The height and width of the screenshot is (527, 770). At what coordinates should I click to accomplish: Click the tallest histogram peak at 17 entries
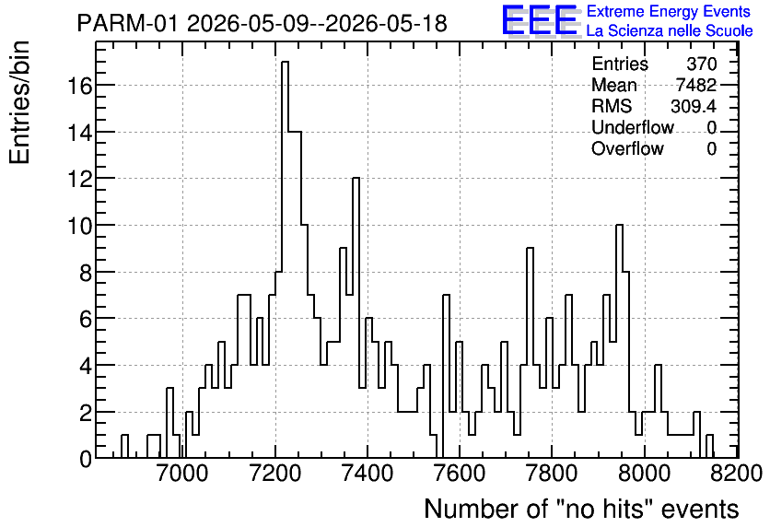(285, 62)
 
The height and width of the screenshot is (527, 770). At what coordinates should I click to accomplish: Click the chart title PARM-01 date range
(262, 23)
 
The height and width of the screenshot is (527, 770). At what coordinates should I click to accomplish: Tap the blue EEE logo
(540, 21)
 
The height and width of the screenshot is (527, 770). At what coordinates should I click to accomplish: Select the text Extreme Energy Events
(669, 11)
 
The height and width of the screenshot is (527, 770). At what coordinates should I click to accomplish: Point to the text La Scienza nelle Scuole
(670, 30)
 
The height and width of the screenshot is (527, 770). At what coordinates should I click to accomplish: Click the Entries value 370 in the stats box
(702, 64)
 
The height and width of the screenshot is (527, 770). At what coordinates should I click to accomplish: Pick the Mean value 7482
(696, 85)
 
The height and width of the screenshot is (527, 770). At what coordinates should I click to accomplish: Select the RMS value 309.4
(694, 106)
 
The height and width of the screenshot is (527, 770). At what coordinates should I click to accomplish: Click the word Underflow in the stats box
(633, 127)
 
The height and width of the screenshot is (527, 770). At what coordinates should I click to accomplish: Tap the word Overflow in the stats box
(627, 148)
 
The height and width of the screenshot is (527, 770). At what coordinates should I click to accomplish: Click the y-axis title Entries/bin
(19, 102)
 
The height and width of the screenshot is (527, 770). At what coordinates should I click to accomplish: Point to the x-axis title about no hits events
(581, 509)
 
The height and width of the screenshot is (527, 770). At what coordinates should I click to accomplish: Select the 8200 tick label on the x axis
(739, 474)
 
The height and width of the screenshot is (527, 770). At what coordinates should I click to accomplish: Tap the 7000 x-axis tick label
(182, 474)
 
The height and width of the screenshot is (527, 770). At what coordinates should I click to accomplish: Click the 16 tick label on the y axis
(79, 86)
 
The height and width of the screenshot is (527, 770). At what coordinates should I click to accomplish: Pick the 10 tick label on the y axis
(79, 226)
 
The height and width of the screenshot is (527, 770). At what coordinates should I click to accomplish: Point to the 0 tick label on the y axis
(86, 459)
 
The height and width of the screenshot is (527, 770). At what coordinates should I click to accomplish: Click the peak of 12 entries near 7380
(356, 178)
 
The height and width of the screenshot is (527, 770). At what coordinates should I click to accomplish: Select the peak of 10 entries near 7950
(619, 225)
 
